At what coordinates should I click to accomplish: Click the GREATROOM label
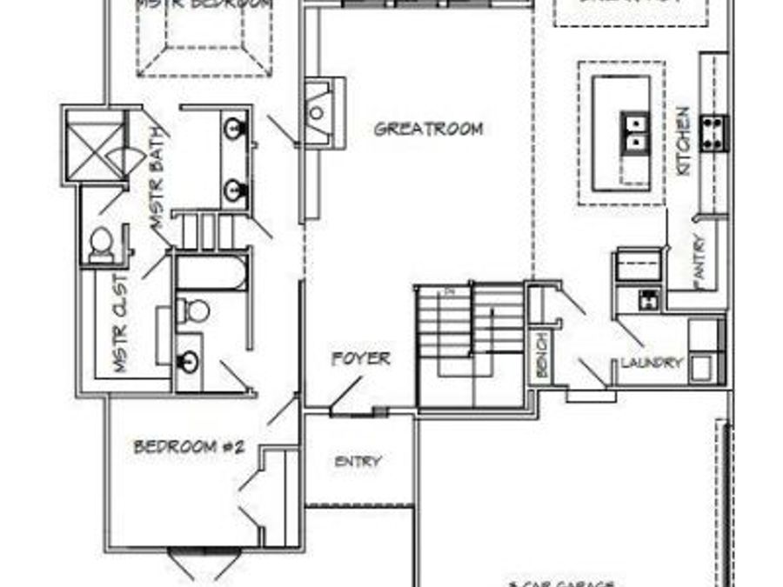tap(428, 130)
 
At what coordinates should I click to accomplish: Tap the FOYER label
tap(360, 358)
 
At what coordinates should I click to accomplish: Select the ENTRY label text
tap(358, 462)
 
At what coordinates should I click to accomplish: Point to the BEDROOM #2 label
tap(189, 447)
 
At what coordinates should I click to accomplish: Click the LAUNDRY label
tap(652, 363)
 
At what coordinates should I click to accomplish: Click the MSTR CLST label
tap(121, 324)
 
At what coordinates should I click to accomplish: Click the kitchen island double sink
tap(636, 131)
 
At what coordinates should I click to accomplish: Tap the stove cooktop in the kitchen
tap(714, 133)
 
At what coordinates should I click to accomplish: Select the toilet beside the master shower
tap(101, 243)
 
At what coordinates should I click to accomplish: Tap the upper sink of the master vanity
tap(233, 130)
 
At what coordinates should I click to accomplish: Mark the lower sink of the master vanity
tap(233, 190)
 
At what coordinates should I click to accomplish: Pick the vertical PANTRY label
tap(701, 261)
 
